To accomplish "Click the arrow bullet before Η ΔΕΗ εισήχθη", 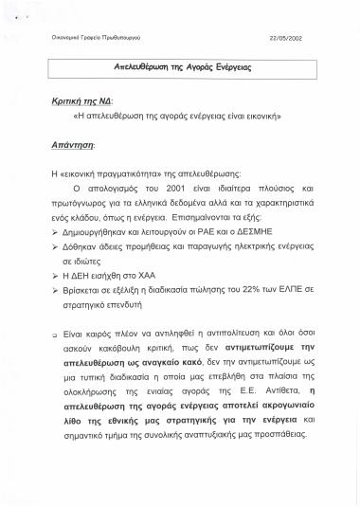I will pyautogui.click(x=56, y=272).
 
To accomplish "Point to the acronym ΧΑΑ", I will pyautogui.click(x=150, y=272).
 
